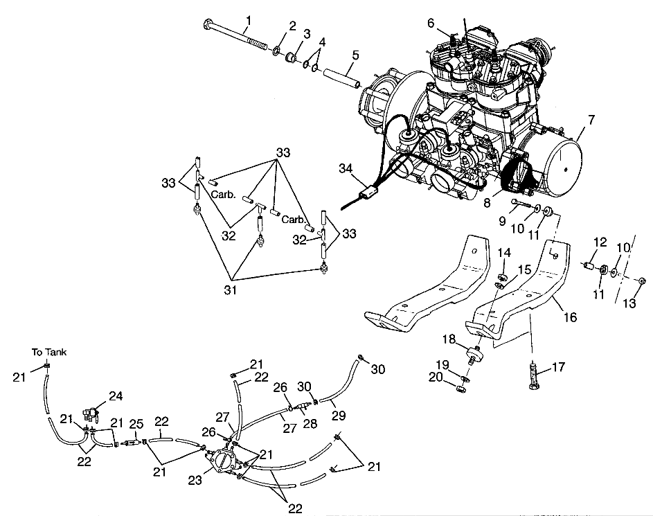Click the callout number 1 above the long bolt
(x=249, y=19)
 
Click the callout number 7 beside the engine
(x=591, y=120)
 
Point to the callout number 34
(x=346, y=168)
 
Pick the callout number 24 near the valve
(x=116, y=395)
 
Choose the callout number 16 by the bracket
(x=570, y=317)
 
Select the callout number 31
(x=231, y=290)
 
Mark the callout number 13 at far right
(x=629, y=303)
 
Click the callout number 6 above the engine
(x=431, y=23)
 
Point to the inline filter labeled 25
(x=132, y=444)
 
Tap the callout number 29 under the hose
(x=339, y=415)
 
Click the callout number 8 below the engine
(x=487, y=203)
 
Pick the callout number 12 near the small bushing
(x=600, y=242)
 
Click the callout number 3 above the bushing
(x=307, y=34)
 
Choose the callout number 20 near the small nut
(x=435, y=377)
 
